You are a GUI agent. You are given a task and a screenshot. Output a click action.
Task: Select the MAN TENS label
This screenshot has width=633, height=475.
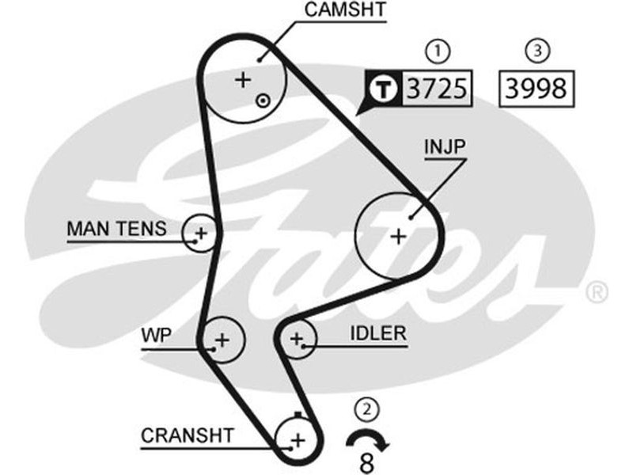(x=116, y=230)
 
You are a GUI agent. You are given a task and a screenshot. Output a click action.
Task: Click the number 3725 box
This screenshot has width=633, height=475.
(x=435, y=89)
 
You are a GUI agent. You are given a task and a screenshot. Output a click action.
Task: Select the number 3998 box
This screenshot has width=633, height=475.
(x=537, y=89)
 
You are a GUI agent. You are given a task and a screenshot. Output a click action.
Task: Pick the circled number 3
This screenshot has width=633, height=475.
(x=537, y=51)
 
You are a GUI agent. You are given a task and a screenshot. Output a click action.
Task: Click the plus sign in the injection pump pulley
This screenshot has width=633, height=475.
(x=398, y=235)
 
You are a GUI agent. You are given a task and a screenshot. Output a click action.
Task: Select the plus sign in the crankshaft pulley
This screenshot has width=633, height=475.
(x=298, y=439)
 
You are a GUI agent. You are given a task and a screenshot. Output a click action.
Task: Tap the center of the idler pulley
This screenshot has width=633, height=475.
(x=297, y=340)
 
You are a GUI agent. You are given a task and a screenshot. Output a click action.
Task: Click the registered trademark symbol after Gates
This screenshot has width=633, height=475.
(x=596, y=292)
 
